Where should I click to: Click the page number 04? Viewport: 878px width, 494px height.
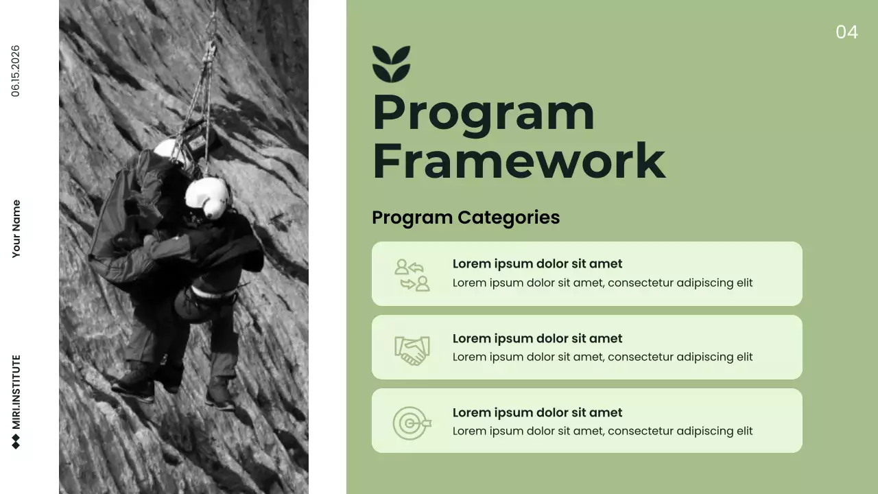[x=846, y=32]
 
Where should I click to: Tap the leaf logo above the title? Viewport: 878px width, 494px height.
[x=391, y=64]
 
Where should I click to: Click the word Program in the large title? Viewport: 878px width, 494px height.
[x=483, y=114]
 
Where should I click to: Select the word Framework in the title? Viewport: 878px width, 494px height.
[x=519, y=161]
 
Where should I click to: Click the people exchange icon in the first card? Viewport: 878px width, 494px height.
[x=412, y=274]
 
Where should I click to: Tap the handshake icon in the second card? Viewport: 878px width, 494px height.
[x=412, y=349]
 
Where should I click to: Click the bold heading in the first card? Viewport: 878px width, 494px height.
[x=537, y=264]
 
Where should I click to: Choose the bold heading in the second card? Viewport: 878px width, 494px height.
[x=537, y=338]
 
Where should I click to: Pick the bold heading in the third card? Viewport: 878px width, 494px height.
[x=537, y=412]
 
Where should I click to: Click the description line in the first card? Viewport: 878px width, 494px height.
[x=602, y=283]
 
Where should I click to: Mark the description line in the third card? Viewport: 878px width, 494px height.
[x=602, y=431]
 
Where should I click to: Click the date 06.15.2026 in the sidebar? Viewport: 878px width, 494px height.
[x=16, y=71]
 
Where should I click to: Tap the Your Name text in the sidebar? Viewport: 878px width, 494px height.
[x=16, y=229]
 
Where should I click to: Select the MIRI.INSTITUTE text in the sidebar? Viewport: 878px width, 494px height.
[x=16, y=392]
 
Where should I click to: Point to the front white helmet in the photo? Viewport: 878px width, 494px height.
[x=206, y=197]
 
